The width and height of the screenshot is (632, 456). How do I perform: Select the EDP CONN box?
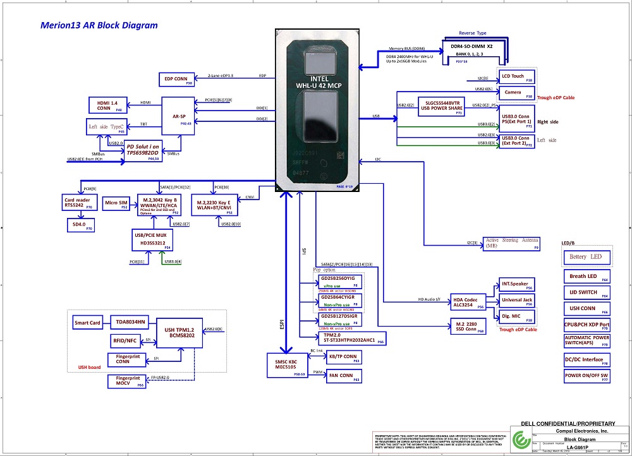(x=177, y=80)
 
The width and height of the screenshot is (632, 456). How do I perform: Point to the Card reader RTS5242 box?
(x=79, y=203)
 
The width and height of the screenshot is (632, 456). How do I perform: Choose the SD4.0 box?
(x=81, y=224)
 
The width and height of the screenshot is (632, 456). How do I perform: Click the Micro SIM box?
(x=116, y=203)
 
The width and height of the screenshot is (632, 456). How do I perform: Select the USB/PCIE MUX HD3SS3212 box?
(x=152, y=239)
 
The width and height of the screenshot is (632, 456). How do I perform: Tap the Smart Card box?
(x=87, y=323)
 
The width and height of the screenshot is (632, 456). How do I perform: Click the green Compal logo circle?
(x=523, y=440)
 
